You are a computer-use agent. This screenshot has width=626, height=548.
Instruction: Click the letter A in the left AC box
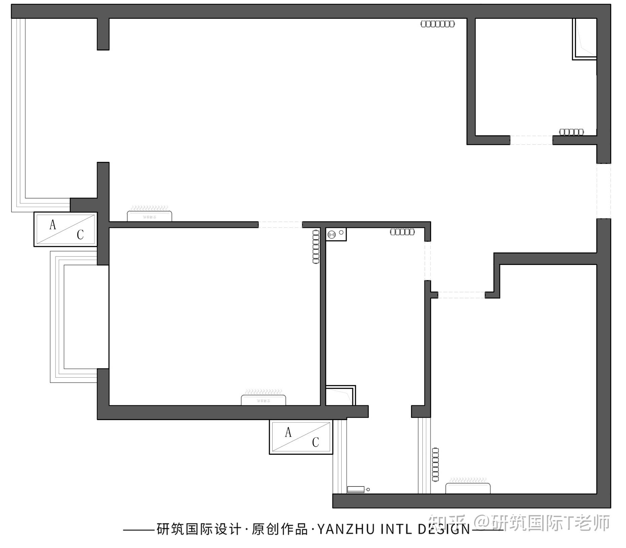click(x=53, y=225)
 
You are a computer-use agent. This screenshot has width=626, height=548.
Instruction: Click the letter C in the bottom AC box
click(x=315, y=442)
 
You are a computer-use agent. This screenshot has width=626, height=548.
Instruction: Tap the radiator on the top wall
click(x=438, y=24)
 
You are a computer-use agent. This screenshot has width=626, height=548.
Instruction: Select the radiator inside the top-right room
click(x=571, y=132)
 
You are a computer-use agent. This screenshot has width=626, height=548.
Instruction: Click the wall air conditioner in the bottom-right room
click(x=468, y=487)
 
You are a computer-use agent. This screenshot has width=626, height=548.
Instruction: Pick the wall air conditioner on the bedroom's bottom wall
click(x=263, y=399)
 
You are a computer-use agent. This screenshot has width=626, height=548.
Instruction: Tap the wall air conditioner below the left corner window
click(x=149, y=215)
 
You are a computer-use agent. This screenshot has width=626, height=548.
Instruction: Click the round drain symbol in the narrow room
click(x=332, y=234)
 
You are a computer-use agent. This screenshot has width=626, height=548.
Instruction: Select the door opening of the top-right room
click(x=531, y=140)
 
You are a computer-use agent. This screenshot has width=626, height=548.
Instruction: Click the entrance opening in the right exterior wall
click(x=603, y=191)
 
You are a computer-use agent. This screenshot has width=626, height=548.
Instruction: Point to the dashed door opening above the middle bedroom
click(x=280, y=225)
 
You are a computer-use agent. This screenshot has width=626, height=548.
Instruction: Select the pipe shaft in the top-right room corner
click(x=584, y=39)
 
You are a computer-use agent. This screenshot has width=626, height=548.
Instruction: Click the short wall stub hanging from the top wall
click(x=103, y=34)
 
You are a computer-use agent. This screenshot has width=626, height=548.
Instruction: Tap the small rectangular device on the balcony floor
click(x=356, y=489)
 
